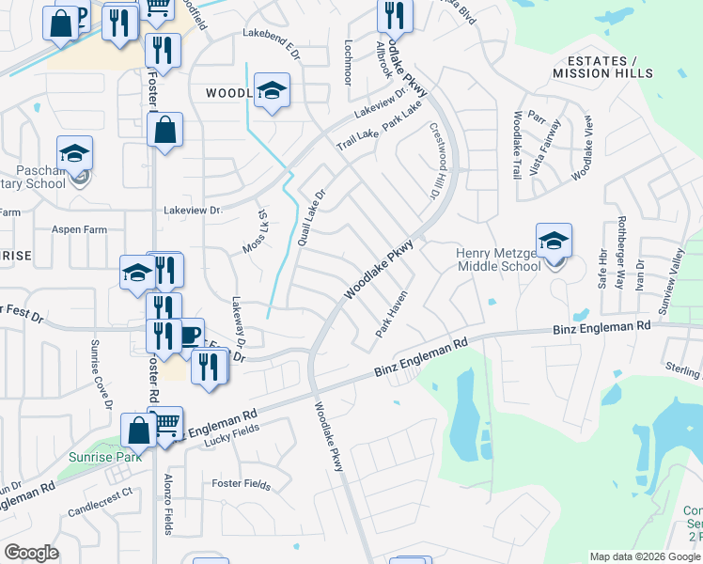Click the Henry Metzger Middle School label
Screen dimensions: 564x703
[x=498, y=258]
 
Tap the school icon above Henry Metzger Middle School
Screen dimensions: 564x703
[x=555, y=242]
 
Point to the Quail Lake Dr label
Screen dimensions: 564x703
[x=310, y=218]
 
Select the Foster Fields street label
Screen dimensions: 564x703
[x=242, y=485]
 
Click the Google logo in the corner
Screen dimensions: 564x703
[x=31, y=553]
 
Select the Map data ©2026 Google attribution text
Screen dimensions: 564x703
[x=645, y=556]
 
